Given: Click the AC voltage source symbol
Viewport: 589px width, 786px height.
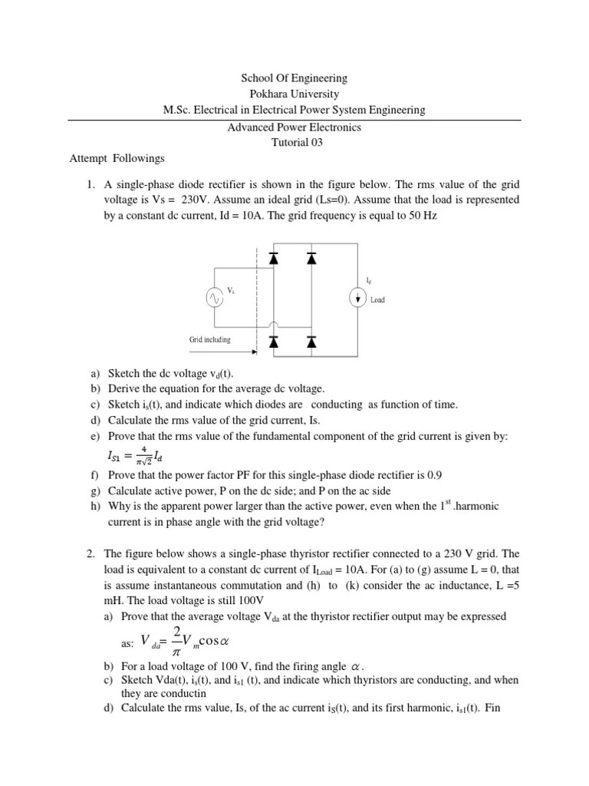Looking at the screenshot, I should click(213, 299).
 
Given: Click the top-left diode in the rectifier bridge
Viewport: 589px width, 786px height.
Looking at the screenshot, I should click(273, 259).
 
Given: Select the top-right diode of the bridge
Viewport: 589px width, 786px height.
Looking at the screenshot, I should click(311, 259).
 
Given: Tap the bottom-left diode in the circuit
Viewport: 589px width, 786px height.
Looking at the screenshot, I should click(273, 340).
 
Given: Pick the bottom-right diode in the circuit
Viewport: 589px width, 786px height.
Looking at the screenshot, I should click(311, 340).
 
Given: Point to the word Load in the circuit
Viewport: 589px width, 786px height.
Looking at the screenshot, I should click(378, 300).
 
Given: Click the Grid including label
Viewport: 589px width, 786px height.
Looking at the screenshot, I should click(209, 339).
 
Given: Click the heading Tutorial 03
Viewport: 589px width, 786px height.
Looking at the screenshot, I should click(294, 142).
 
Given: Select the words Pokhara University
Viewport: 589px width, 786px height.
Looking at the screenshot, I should click(294, 94).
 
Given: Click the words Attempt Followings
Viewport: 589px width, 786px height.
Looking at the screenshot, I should click(117, 158).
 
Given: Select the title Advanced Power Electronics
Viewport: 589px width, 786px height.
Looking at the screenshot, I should click(294, 127).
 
